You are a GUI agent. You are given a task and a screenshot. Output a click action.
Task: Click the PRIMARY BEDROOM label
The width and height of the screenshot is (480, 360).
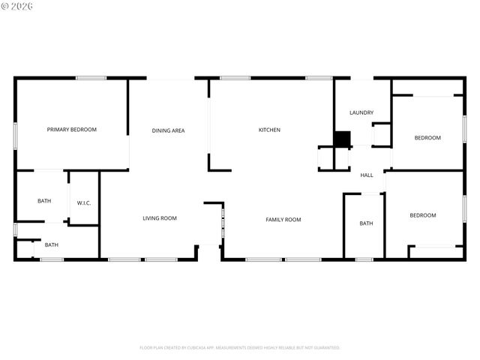tap(72, 130)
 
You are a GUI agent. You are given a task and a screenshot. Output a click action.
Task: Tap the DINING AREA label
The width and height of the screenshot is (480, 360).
tap(168, 130)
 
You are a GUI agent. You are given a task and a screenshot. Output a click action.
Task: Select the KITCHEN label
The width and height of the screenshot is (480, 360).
tap(269, 130)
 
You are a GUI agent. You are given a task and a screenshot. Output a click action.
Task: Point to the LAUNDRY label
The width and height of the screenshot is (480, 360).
tap(361, 112)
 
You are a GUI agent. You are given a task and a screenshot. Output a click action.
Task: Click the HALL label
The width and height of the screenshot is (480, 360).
tap(367, 175)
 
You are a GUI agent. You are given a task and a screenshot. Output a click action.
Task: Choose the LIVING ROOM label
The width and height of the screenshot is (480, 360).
tap(160, 218)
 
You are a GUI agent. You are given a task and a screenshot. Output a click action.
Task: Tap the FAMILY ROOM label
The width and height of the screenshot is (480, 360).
tap(283, 219)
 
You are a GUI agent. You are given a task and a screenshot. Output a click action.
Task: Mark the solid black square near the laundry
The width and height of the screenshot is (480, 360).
tap(342, 139)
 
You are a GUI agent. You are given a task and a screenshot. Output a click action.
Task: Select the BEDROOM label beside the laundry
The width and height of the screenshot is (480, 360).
tap(427, 137)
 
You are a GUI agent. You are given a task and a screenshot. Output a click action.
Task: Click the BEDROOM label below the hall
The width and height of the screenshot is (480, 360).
tap(422, 215)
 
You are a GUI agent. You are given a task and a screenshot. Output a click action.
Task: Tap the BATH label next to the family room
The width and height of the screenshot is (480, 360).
tap(366, 223)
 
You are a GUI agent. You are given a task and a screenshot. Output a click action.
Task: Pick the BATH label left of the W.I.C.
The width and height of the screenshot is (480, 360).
tap(44, 201)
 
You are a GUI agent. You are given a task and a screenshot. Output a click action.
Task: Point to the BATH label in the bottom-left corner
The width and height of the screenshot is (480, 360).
tap(51, 244)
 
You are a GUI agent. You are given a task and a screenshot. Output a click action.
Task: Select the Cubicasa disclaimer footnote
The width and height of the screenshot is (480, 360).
tap(240, 347)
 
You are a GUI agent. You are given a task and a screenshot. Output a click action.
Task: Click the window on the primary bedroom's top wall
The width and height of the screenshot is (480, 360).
tap(90, 78)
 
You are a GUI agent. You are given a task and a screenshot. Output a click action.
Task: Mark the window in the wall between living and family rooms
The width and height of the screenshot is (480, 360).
tap(222, 224)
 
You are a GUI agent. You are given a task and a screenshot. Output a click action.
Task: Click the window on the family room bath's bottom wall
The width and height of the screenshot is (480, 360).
tap(364, 259)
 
